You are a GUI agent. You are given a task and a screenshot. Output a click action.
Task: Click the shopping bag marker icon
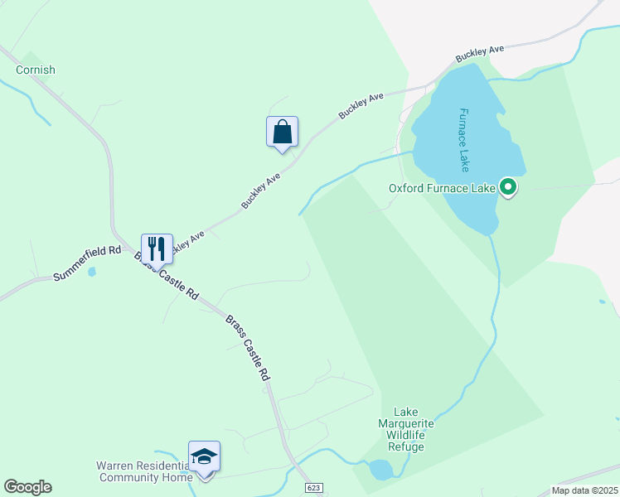click(282, 132)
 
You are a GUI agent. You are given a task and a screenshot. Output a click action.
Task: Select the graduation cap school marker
click(204, 457)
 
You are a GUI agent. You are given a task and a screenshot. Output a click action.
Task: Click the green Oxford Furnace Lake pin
click(509, 188)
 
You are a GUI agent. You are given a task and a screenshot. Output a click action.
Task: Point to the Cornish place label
click(35, 70)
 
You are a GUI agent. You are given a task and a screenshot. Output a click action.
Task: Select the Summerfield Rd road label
click(87, 263)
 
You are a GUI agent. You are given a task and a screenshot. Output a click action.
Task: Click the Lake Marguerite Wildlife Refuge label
click(409, 429)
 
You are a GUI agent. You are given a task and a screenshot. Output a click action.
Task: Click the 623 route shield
click(312, 489)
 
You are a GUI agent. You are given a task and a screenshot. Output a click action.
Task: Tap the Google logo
click(27, 487)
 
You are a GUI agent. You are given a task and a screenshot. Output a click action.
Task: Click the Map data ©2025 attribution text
click(584, 490)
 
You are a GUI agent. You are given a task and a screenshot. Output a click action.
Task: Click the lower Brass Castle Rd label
click(249, 347)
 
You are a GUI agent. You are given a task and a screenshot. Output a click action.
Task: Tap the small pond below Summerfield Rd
click(91, 271)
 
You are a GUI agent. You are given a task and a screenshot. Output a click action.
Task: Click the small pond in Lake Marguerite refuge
click(380, 470)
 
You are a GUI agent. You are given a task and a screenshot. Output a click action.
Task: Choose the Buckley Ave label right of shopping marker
click(361, 109)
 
